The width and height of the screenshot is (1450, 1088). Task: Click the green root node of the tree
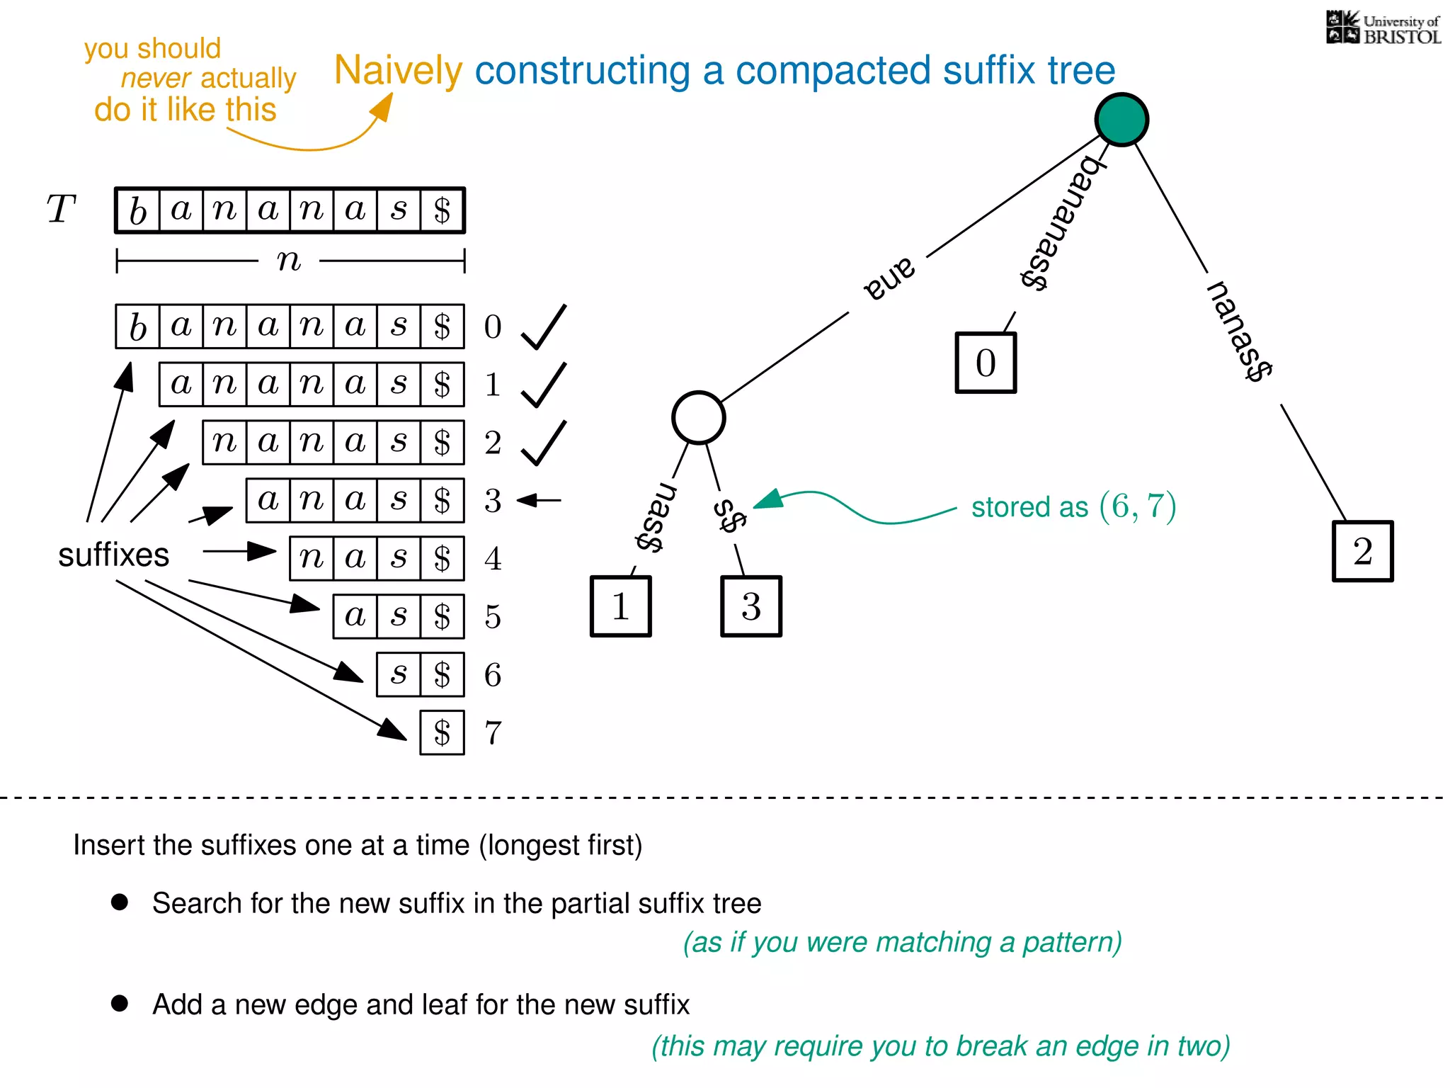click(x=1121, y=120)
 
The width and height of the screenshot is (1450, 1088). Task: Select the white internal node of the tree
click(x=698, y=418)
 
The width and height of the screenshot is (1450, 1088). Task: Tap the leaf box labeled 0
click(x=986, y=363)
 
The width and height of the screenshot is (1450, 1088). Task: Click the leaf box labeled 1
click(x=620, y=606)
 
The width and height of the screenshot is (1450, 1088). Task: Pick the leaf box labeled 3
click(x=751, y=606)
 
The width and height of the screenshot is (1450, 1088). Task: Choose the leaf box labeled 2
click(x=1362, y=551)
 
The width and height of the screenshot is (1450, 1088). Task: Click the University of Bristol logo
click(x=1383, y=28)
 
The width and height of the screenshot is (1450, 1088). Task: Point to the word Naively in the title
click(x=398, y=71)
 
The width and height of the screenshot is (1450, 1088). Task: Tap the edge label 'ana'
click(x=889, y=278)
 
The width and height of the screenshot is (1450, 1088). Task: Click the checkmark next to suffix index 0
click(x=544, y=327)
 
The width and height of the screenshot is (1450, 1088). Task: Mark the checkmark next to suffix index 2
click(x=544, y=443)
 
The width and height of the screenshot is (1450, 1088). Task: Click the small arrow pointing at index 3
click(x=540, y=501)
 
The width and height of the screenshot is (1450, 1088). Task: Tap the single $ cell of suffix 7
click(x=442, y=733)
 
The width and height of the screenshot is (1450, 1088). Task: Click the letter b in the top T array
click(x=138, y=210)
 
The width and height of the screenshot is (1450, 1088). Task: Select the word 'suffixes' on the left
click(x=113, y=555)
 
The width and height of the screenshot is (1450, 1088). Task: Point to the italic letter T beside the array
click(x=61, y=210)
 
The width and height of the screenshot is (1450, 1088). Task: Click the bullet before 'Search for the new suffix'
click(x=120, y=902)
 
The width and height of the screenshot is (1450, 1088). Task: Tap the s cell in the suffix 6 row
click(x=399, y=675)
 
